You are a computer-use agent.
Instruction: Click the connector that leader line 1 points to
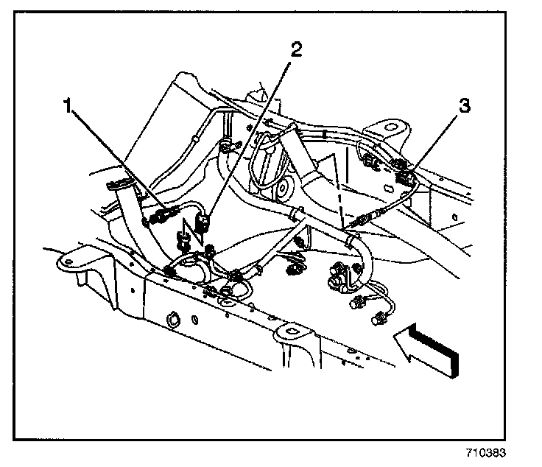(x=163, y=216)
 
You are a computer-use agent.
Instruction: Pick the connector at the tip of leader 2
(x=207, y=220)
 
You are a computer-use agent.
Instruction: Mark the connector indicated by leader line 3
(x=404, y=175)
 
